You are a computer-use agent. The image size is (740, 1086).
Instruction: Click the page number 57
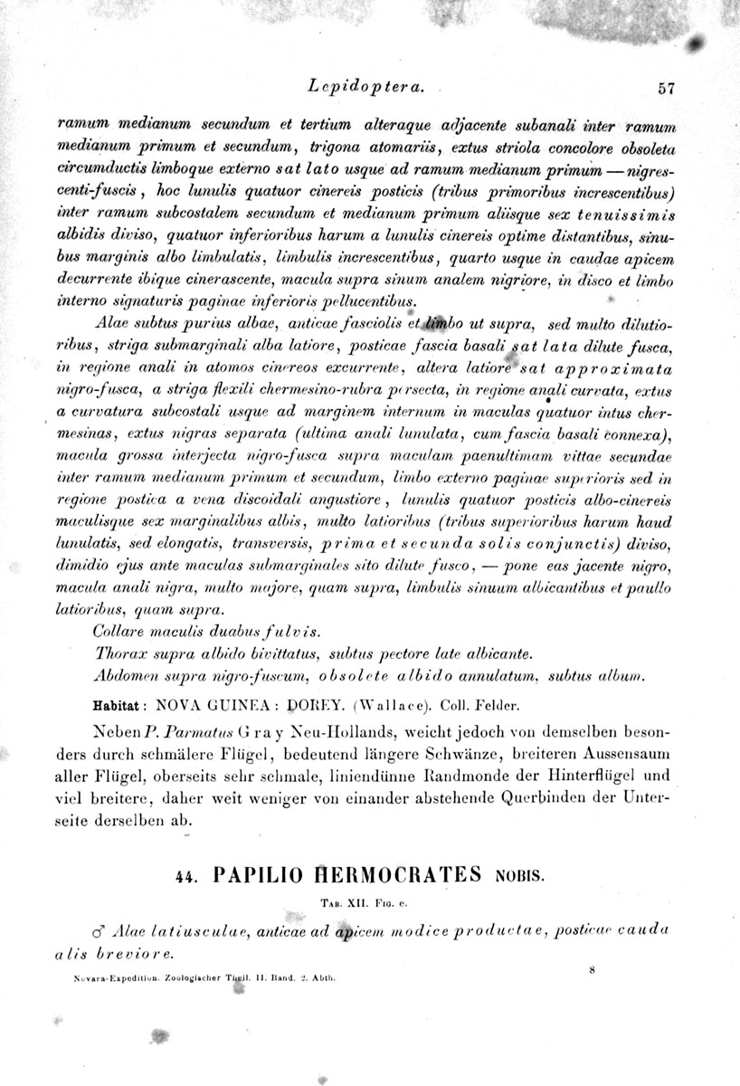[668, 89]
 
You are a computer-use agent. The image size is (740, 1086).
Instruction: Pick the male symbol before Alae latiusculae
[101, 932]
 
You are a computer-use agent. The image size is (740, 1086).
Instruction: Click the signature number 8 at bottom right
[589, 969]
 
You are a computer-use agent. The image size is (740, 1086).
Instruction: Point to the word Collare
[120, 630]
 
